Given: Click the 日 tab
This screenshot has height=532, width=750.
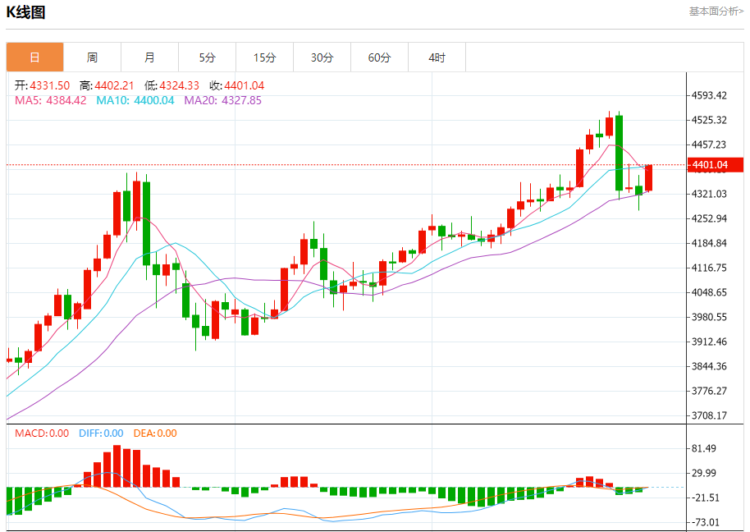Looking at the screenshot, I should (34, 57).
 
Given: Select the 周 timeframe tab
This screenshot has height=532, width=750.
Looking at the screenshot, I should (92, 57).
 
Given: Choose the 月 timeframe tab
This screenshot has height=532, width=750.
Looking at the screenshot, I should (149, 57).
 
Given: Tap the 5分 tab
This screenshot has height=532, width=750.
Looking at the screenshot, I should (207, 57).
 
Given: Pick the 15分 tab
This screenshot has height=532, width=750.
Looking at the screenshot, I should (264, 57).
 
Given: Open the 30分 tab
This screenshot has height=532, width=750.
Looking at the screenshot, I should (322, 57).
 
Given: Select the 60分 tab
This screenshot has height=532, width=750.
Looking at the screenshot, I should (379, 57).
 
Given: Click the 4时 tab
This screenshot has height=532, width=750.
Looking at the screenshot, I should (437, 57).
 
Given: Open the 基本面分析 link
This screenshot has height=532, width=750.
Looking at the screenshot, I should (716, 11).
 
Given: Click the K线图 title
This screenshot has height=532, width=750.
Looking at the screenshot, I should (25, 12).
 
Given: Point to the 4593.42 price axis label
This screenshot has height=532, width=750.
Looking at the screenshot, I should (710, 95).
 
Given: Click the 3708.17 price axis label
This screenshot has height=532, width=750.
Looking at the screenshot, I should (710, 415).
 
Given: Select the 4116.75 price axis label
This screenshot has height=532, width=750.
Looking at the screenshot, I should (710, 268).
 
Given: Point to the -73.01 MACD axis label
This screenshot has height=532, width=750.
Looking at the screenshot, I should (706, 522).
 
